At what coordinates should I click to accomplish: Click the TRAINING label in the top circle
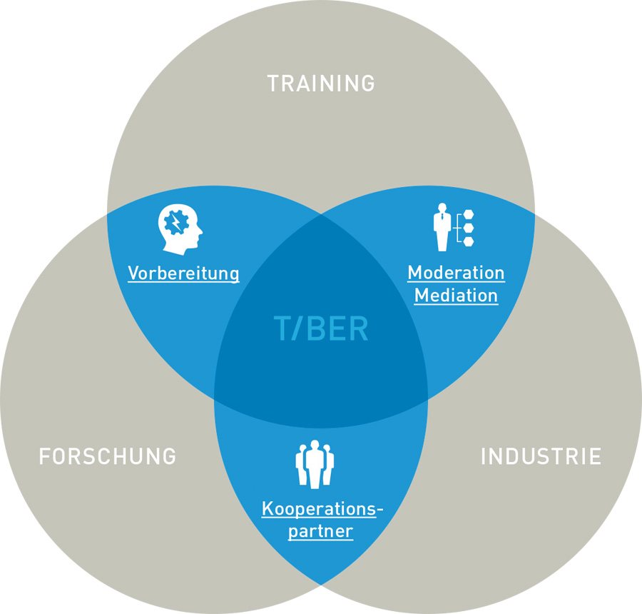[x=321, y=84]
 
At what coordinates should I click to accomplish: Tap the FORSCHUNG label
[x=107, y=456]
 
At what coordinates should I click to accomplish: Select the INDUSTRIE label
[x=541, y=456]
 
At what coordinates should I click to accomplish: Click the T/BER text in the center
[x=321, y=329]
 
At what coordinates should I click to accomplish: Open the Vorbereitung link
[x=183, y=273]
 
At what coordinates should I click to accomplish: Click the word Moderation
[x=456, y=273]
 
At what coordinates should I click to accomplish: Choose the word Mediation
[x=456, y=295]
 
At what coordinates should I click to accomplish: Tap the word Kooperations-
[x=322, y=509]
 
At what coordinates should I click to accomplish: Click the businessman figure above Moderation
[x=443, y=227]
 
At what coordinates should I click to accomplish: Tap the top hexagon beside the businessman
[x=468, y=213]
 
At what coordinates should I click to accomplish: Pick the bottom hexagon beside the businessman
[x=468, y=241]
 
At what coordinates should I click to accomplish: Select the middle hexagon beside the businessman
[x=468, y=228]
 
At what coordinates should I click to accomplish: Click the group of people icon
[x=315, y=464]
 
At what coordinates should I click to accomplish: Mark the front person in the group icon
[x=315, y=467]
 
